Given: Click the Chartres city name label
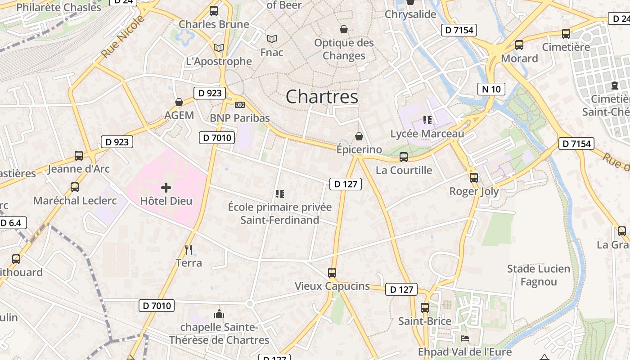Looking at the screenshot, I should click(x=322, y=97).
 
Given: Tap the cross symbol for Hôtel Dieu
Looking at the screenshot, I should click(x=166, y=188).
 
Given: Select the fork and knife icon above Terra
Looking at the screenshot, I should click(x=189, y=249).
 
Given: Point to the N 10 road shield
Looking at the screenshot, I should click(x=491, y=89).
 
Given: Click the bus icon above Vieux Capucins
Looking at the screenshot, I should click(x=332, y=272).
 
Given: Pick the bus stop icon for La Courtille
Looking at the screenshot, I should click(x=404, y=157).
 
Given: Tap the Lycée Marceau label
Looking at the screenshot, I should click(x=427, y=134).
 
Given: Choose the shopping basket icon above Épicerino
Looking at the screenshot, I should click(x=359, y=136).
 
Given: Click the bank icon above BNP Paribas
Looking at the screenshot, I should click(x=240, y=105).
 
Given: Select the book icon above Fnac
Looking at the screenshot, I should click(x=272, y=39).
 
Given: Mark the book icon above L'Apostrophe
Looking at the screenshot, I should click(x=219, y=48).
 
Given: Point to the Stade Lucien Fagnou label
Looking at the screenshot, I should click(x=539, y=275).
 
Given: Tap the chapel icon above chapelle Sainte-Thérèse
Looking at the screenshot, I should click(x=219, y=314).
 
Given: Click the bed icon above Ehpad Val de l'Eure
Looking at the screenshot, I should click(x=465, y=338).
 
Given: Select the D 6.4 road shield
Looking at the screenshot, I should click(x=13, y=223).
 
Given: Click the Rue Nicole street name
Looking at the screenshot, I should click(x=122, y=37).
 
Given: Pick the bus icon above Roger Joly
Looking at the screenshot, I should click(x=474, y=177).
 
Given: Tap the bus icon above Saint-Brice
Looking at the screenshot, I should click(x=425, y=308).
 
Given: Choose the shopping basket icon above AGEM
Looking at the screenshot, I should click(x=179, y=102).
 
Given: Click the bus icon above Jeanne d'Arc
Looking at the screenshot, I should click(x=79, y=156).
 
